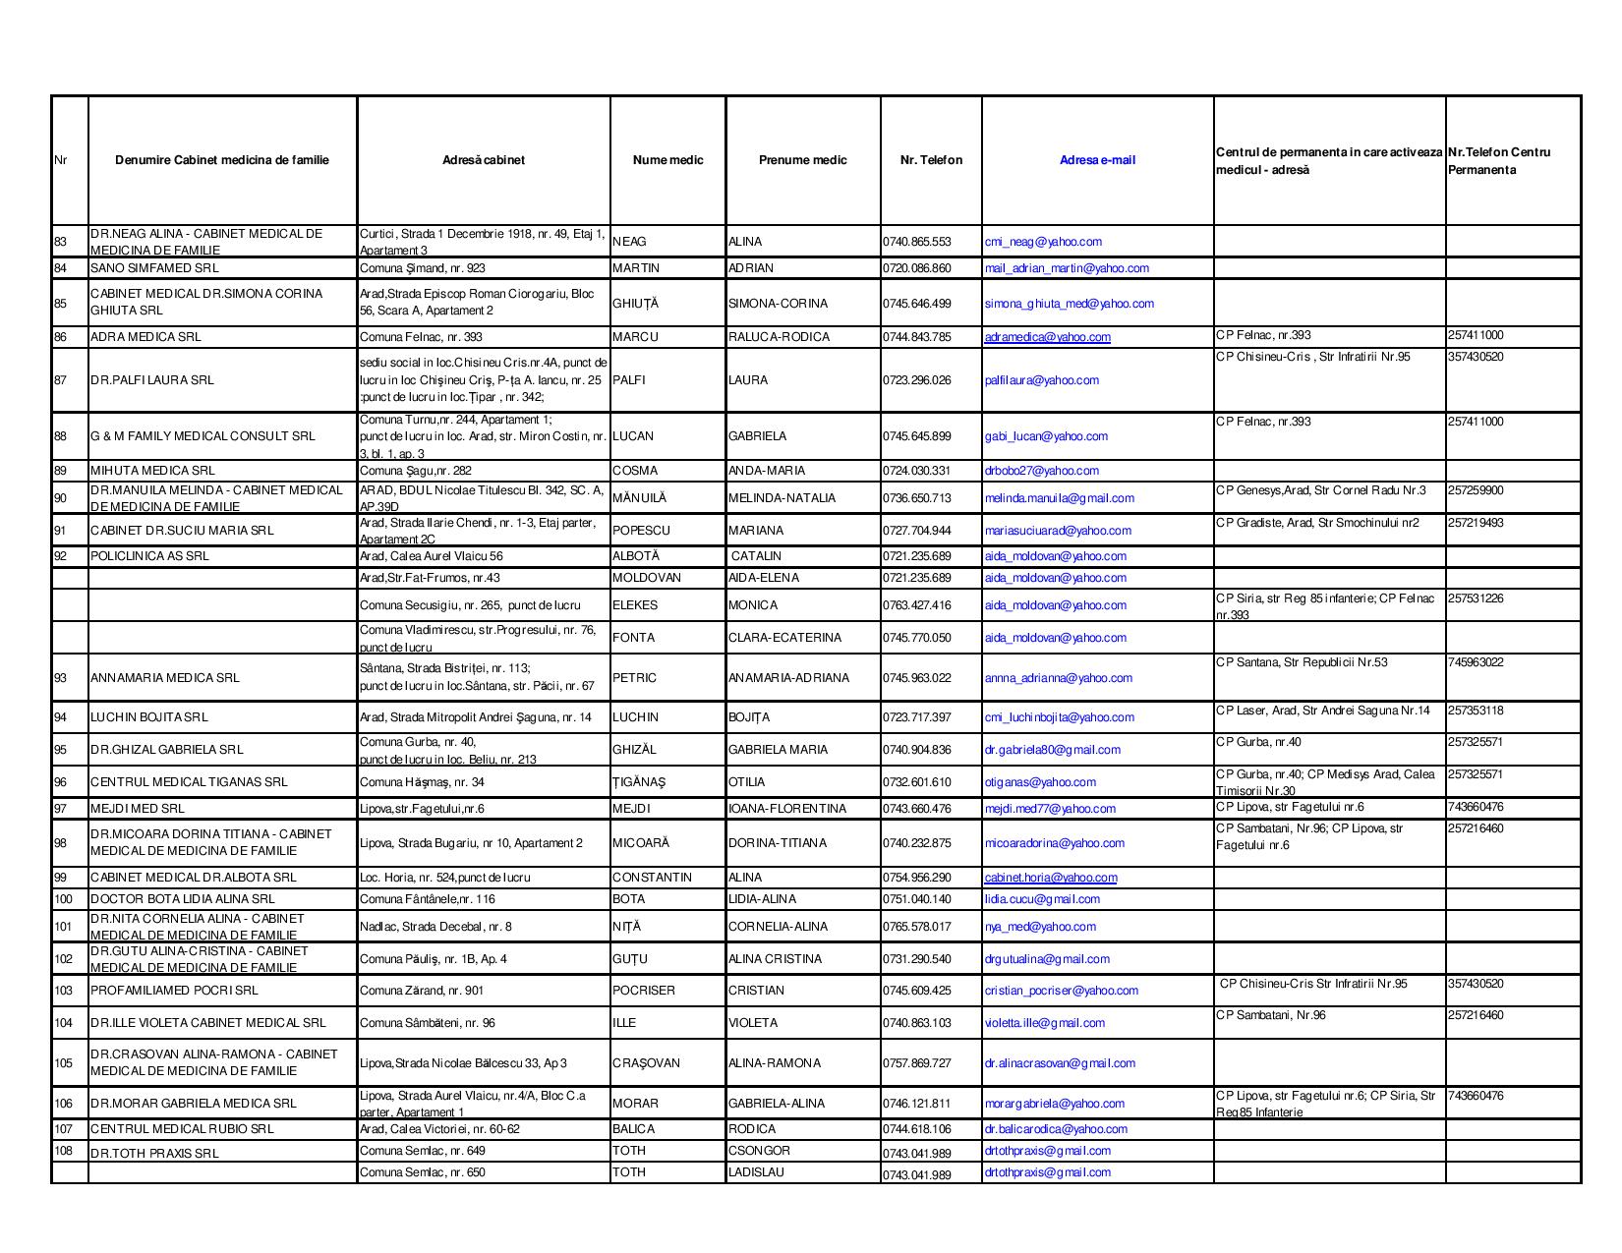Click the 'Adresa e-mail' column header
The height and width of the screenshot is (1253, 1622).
point(1097,160)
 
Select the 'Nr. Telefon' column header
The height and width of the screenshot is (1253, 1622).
point(931,160)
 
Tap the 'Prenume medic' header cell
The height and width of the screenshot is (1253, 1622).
point(802,160)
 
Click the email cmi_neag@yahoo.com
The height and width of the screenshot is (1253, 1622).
point(1043,242)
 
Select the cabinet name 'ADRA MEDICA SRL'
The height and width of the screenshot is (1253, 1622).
point(145,337)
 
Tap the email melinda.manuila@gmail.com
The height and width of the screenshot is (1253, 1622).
point(1059,498)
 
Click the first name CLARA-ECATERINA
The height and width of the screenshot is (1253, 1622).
point(784,638)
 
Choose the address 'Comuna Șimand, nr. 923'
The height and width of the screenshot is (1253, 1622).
point(423,268)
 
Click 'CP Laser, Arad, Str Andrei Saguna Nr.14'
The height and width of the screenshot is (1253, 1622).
point(1323,711)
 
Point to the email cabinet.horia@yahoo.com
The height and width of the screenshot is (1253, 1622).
point(1050,878)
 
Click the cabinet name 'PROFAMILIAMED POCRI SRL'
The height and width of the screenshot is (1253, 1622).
point(174,991)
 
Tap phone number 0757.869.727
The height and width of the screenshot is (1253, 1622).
point(917,1063)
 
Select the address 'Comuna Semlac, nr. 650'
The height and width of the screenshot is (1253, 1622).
point(423,1172)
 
